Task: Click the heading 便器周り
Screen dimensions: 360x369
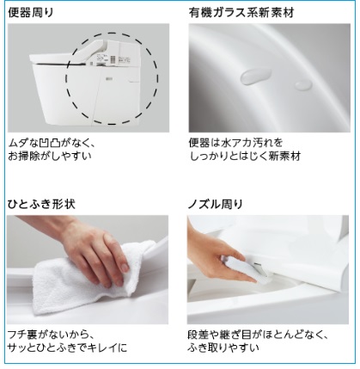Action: click(31, 13)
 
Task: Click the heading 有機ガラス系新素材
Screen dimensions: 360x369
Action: click(241, 13)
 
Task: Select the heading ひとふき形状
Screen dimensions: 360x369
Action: click(41, 204)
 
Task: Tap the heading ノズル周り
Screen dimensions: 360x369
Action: click(216, 204)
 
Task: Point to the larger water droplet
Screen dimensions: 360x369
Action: click(255, 76)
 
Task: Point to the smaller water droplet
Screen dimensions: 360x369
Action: click(303, 84)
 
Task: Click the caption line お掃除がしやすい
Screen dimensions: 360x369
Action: click(50, 156)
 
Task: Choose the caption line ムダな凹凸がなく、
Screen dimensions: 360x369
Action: click(52, 143)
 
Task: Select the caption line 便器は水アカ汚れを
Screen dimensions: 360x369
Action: click(235, 143)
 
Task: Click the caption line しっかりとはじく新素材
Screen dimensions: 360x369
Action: click(245, 156)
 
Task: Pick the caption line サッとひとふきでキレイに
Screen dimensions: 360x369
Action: click(67, 347)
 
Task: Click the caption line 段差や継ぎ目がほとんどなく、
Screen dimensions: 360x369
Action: click(258, 335)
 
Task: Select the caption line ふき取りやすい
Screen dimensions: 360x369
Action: click(223, 347)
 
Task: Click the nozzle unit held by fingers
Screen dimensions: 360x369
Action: click(247, 268)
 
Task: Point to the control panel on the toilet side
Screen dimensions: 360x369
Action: click(113, 58)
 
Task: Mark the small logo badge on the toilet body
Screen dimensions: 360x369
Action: click(108, 78)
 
